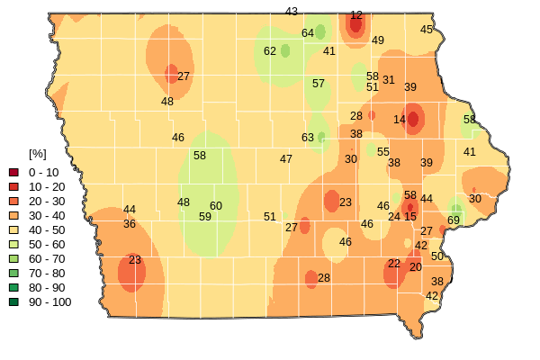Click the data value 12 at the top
[356, 15]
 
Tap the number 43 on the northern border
[292, 12]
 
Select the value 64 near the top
[308, 33]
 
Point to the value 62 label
[270, 51]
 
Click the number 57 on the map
[319, 84]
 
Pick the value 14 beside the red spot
[400, 120]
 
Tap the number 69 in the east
[454, 220]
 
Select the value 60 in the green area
[216, 206]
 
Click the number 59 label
[205, 217]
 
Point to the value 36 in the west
[130, 224]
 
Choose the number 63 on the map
[308, 138]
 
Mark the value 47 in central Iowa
[286, 159]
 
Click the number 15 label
[410, 217]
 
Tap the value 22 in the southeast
[394, 264]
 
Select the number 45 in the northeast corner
[427, 30]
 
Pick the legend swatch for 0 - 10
[13, 172]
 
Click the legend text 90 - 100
[49, 301]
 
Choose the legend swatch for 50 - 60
[13, 244]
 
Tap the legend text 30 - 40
[47, 215]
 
